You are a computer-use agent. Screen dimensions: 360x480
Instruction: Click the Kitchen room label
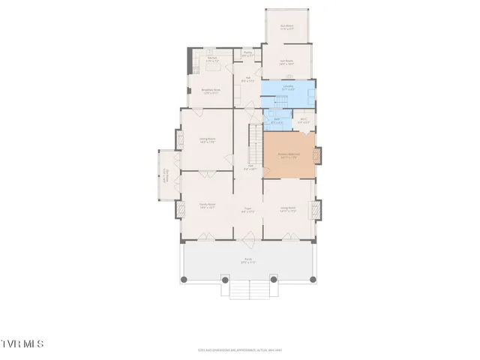212,58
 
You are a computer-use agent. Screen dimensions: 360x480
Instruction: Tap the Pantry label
248,53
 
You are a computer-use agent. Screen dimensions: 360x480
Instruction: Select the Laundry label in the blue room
287,88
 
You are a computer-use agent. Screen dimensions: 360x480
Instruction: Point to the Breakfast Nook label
209,92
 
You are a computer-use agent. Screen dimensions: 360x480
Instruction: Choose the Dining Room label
207,140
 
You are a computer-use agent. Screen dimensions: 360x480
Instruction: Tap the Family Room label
207,205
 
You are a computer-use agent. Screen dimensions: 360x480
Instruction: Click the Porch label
248,261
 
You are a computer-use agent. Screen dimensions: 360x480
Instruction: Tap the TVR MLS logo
22,344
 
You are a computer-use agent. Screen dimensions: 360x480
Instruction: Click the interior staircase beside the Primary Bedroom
255,142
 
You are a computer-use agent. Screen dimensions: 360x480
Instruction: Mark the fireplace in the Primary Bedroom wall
317,156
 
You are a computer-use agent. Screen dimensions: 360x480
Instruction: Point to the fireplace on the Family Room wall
180,207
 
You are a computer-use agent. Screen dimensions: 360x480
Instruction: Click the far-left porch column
184,280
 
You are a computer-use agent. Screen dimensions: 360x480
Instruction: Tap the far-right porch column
312,280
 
